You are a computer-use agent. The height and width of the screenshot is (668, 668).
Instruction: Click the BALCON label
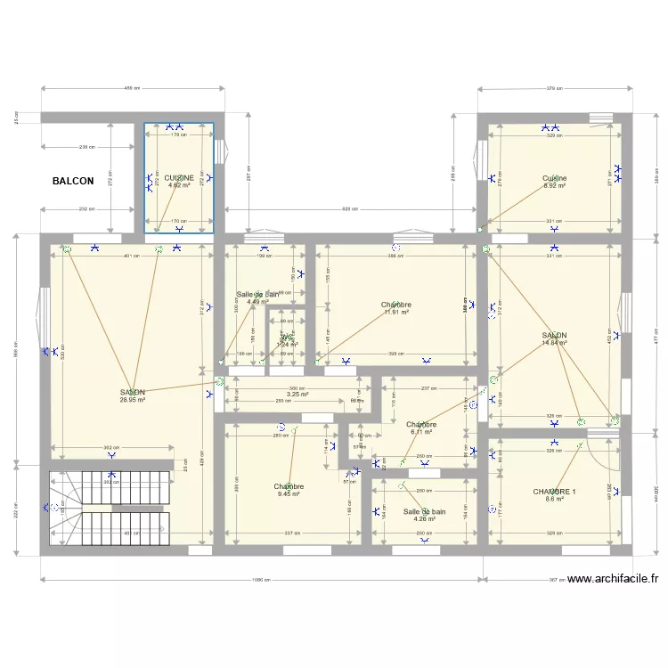72,181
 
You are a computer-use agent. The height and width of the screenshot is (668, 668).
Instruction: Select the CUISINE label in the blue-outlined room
179,178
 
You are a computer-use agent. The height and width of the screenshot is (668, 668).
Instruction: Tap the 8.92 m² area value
555,186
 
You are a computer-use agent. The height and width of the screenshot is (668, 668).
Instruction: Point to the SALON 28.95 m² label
134,392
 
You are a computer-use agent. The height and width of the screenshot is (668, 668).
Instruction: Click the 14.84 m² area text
555,343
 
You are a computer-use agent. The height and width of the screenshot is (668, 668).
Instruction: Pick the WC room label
286,338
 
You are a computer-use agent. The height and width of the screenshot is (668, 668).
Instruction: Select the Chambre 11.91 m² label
395,305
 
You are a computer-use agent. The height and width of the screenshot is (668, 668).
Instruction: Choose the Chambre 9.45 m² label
289,487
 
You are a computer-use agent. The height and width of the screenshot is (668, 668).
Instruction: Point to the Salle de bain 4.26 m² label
424,512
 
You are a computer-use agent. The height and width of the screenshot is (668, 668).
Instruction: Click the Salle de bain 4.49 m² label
258,295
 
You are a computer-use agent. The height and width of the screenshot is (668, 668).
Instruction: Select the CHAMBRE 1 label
554,492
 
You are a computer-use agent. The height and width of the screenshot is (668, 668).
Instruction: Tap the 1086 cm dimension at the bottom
261,580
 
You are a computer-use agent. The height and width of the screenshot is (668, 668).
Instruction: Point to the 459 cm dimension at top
133,88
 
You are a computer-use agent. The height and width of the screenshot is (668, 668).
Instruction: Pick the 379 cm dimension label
555,88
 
